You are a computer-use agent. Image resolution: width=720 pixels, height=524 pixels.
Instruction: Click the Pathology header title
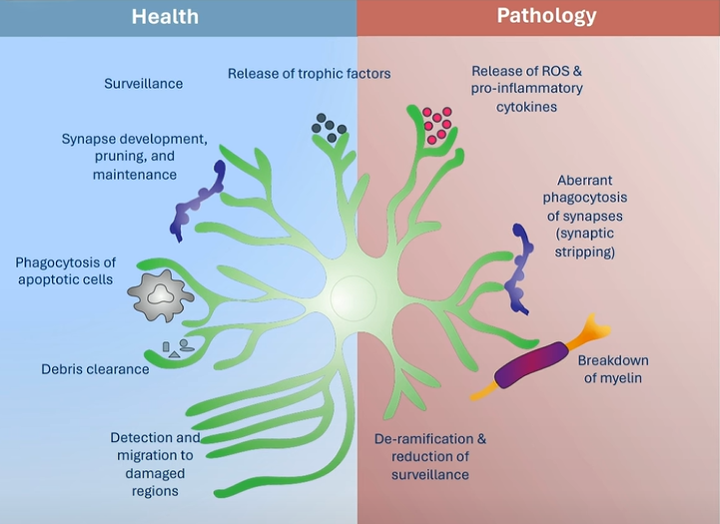click(545, 16)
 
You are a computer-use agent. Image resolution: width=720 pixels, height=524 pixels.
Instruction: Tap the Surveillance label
click(144, 84)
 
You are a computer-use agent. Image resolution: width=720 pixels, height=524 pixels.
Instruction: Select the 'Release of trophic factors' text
click(309, 73)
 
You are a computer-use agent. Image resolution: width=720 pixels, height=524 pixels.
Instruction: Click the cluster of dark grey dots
click(329, 124)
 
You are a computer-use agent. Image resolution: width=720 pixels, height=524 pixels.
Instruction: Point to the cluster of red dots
click(436, 124)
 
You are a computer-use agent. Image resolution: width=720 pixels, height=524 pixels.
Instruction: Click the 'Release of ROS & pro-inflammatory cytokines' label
click(527, 89)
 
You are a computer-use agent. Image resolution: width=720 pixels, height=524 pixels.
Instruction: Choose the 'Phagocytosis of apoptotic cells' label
click(64, 270)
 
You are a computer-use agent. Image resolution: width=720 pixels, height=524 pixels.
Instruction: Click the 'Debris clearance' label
click(95, 369)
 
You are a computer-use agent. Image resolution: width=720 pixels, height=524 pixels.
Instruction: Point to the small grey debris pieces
click(180, 348)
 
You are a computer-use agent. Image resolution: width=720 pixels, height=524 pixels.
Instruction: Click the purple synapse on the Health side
click(199, 196)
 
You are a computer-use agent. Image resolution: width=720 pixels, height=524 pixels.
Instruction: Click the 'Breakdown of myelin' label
click(613, 368)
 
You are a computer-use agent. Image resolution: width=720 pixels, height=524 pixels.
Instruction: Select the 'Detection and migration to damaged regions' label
click(154, 464)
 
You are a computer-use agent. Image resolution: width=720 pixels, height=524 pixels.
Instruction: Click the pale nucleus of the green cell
click(354, 296)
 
